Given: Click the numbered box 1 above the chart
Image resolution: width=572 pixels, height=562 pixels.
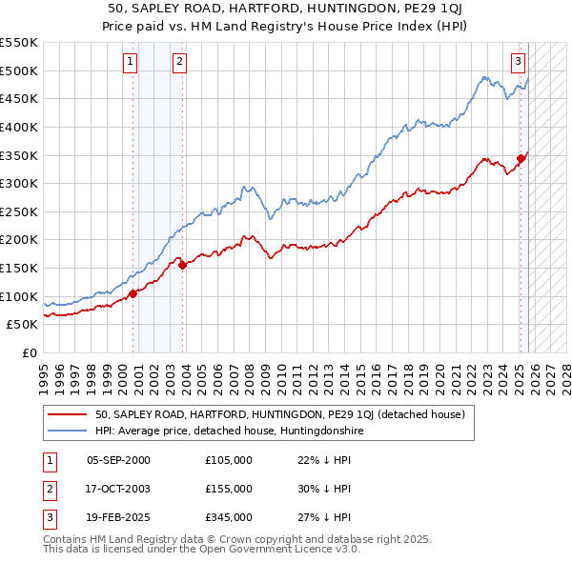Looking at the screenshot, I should pos(130,63).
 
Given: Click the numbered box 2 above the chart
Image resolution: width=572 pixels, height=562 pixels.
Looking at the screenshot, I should pos(179,63).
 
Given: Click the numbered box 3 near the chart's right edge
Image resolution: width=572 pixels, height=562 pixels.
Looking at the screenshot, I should pos(518,63).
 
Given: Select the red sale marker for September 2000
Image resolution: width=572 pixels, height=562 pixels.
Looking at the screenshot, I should pos(133,293).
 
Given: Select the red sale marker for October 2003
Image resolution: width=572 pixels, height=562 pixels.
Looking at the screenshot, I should pos(182,265).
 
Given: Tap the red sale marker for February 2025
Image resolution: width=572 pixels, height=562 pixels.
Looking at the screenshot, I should pos(521,158).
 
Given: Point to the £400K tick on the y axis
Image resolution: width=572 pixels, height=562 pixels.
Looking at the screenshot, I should pos(20,127).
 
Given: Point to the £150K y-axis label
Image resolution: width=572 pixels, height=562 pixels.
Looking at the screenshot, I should pos(20,268).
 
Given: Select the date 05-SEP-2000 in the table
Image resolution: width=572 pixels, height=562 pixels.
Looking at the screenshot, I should pos(118,460).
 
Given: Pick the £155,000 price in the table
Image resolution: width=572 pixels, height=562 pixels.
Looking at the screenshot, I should pos(229,489).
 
